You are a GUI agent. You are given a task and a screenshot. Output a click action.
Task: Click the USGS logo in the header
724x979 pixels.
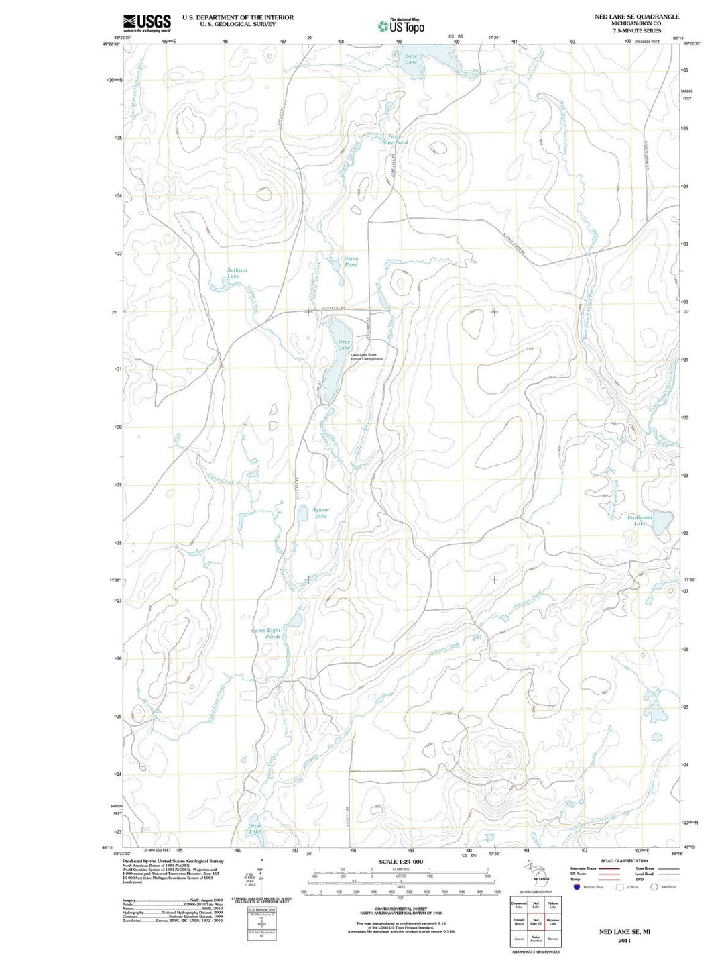147,23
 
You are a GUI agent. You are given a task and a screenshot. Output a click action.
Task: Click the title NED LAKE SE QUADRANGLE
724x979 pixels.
636,17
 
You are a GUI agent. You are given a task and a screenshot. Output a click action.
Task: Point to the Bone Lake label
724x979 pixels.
410,59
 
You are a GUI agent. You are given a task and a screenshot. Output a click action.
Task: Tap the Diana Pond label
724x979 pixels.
351,262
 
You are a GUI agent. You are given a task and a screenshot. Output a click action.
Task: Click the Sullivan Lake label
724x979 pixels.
236,273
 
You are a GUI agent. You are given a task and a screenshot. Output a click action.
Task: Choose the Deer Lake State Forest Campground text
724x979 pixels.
367,357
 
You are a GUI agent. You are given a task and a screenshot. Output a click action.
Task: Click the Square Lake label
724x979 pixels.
320,513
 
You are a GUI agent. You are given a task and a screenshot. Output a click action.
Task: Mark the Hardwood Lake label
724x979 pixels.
640,520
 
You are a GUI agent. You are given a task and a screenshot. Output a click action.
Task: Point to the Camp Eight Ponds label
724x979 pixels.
266,633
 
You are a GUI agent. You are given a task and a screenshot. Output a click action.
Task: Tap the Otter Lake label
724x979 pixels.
255,829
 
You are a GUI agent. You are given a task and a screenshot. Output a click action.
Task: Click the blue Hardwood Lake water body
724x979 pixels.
662,522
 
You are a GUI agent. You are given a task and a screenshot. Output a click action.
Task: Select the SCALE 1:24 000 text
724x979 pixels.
401,862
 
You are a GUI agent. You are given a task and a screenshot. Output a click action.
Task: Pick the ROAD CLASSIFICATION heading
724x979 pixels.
624,860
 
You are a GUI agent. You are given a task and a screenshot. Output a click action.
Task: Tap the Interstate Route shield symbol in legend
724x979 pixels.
577,887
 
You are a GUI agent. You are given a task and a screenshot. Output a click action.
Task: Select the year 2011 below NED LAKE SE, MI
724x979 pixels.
624,941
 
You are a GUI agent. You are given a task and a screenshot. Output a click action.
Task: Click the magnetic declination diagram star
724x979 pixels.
262,860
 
